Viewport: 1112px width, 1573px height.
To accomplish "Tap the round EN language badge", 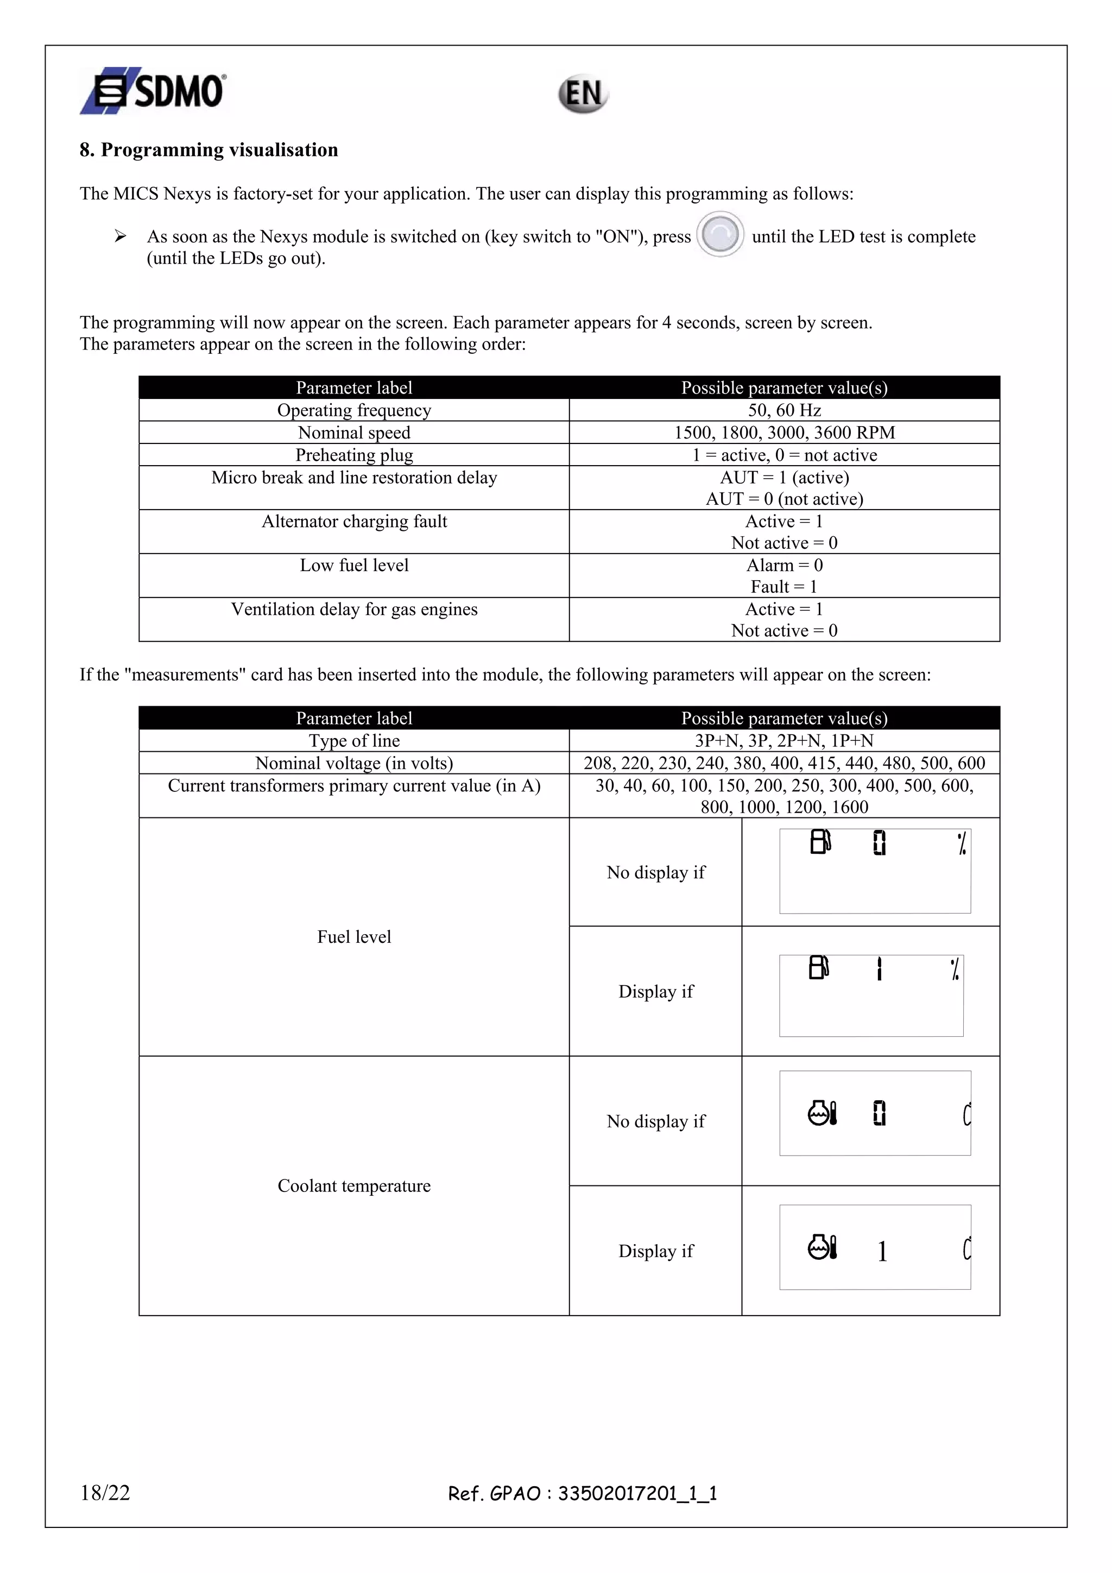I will pos(583,94).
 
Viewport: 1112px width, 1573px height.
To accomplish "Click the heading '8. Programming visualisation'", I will pos(208,150).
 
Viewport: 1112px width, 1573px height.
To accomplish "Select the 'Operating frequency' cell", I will pos(353,410).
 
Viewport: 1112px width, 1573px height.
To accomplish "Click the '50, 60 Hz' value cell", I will pos(784,410).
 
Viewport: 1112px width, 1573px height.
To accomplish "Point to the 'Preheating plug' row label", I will pos(353,455).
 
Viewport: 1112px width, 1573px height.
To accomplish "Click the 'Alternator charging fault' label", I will pos(353,522).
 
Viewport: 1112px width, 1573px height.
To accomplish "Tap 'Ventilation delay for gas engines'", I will pos(353,609).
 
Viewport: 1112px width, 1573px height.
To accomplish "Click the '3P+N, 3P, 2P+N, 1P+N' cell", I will pos(784,740).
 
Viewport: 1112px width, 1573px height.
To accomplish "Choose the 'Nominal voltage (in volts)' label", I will pos(353,763).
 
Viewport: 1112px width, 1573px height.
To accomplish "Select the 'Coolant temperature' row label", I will pos(353,1185).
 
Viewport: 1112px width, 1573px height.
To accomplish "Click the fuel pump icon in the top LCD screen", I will pos(820,841).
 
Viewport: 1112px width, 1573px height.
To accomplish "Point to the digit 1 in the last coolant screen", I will pos(882,1252).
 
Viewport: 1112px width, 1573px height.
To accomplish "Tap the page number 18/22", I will pos(105,1493).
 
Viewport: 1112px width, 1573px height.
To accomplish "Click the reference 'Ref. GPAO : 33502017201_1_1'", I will pos(583,1494).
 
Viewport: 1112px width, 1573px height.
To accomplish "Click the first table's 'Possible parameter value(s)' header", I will pos(784,388).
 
